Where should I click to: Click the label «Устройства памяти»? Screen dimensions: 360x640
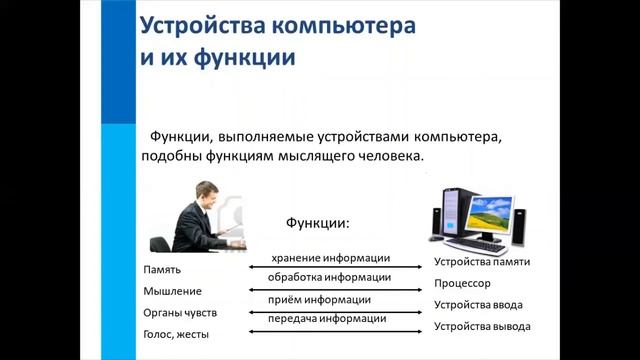(482, 262)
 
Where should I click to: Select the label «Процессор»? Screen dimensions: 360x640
(462, 284)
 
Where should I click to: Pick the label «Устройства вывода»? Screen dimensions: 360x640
(482, 327)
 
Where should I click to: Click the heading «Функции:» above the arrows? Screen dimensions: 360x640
(319, 220)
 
